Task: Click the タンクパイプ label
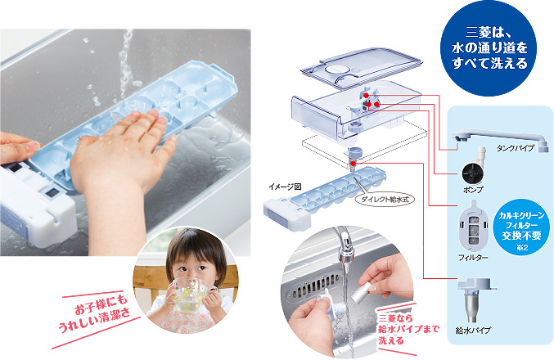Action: click(515, 148)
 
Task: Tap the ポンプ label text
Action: click(473, 190)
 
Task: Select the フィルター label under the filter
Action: click(473, 258)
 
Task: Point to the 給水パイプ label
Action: click(474, 331)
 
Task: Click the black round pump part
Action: click(473, 173)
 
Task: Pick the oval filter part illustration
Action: click(473, 225)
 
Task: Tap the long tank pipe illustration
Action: click(500, 138)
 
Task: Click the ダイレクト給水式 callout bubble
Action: click(385, 200)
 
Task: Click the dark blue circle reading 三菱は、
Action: click(489, 49)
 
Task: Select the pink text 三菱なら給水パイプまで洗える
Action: click(408, 329)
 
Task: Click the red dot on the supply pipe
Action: click(353, 163)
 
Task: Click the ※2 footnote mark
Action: click(521, 247)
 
